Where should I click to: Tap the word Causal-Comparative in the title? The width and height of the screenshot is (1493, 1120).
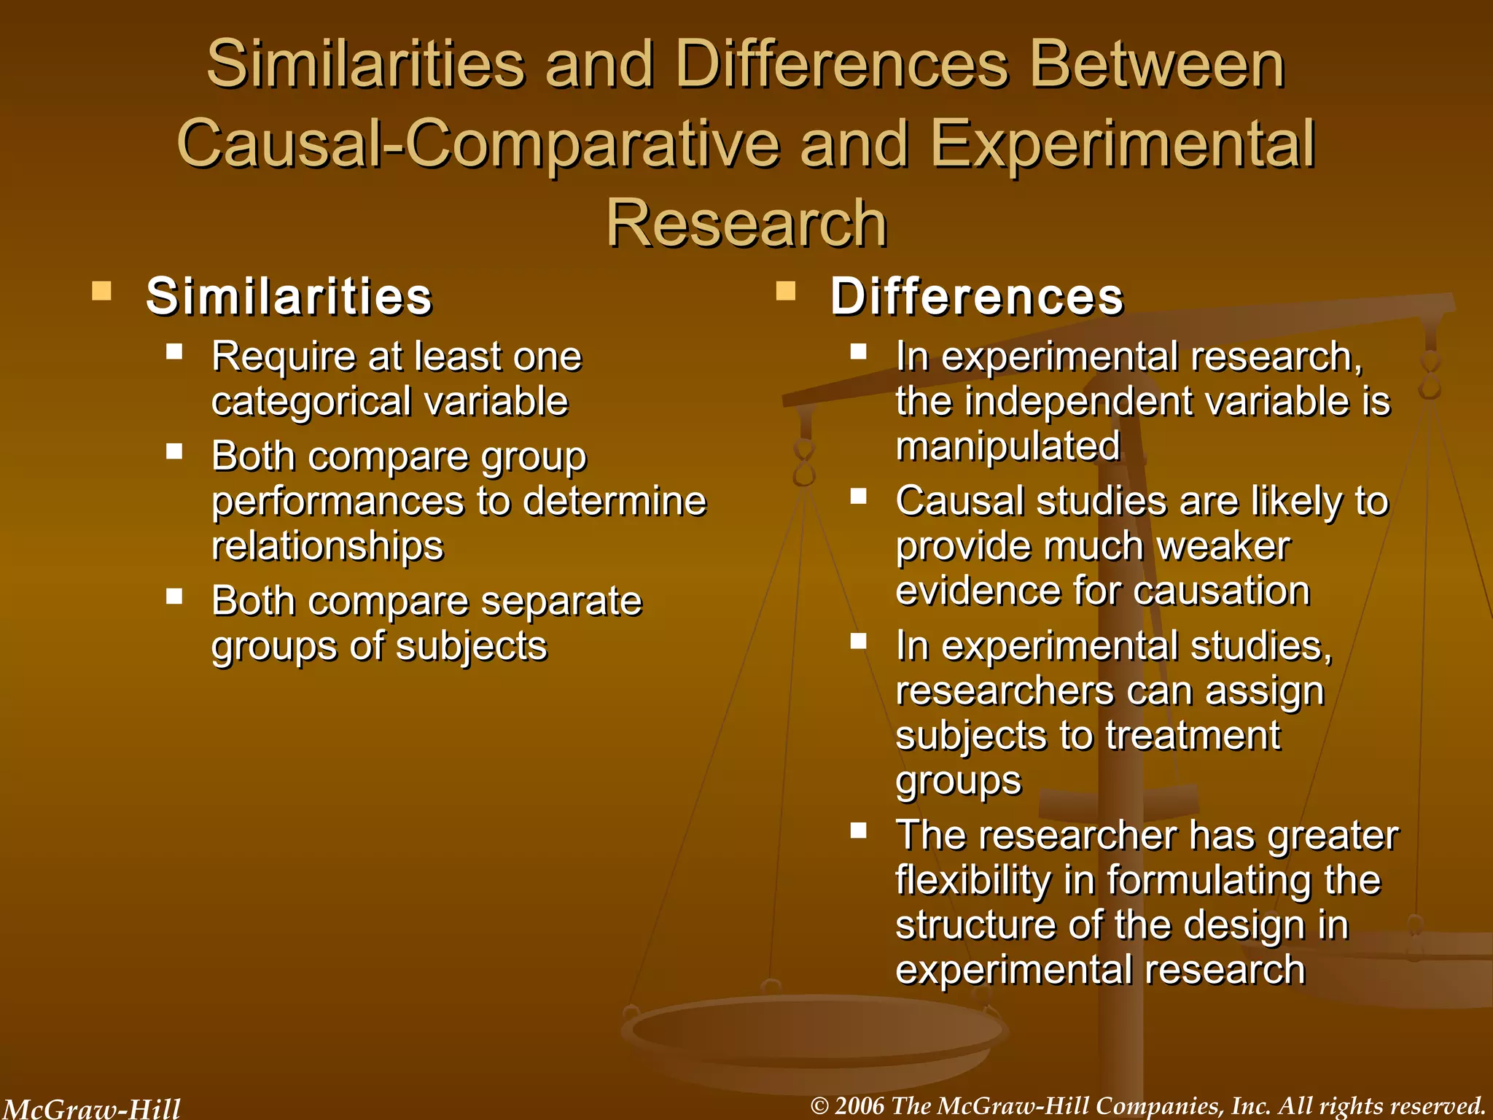[478, 144]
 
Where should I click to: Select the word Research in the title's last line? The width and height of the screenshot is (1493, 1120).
[746, 223]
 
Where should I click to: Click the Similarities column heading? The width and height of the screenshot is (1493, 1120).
[289, 297]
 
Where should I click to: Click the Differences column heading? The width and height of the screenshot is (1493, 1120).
[977, 297]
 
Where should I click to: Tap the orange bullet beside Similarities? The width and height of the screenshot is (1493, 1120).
[102, 292]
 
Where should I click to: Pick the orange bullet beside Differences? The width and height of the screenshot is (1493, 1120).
[786, 292]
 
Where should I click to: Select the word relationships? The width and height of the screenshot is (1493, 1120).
[327, 546]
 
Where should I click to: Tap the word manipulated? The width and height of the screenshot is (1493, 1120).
[1007, 446]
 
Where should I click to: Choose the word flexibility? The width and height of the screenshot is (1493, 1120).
[973, 880]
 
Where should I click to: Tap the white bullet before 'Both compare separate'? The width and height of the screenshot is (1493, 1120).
[174, 597]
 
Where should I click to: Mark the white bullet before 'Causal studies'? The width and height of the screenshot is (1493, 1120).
[859, 497]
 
